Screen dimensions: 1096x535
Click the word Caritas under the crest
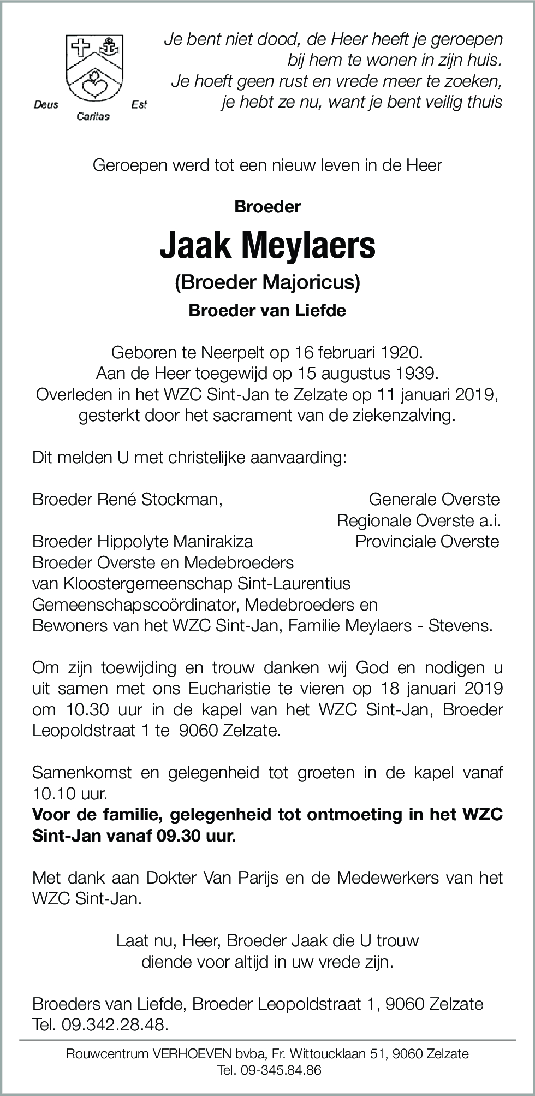[93, 116]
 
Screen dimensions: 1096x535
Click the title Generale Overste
[434, 499]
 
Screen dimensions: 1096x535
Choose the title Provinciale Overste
[427, 541]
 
